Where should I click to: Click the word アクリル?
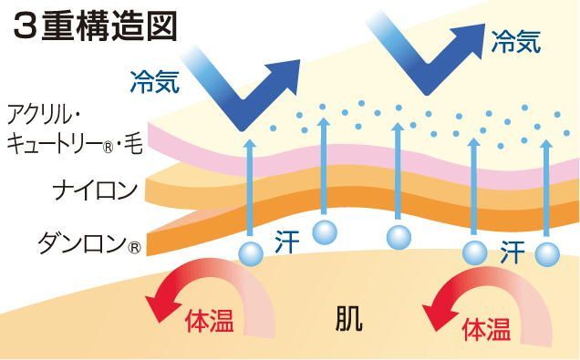click(51, 116)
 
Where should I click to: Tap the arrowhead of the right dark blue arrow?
click(473, 27)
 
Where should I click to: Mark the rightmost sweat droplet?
click(547, 253)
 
